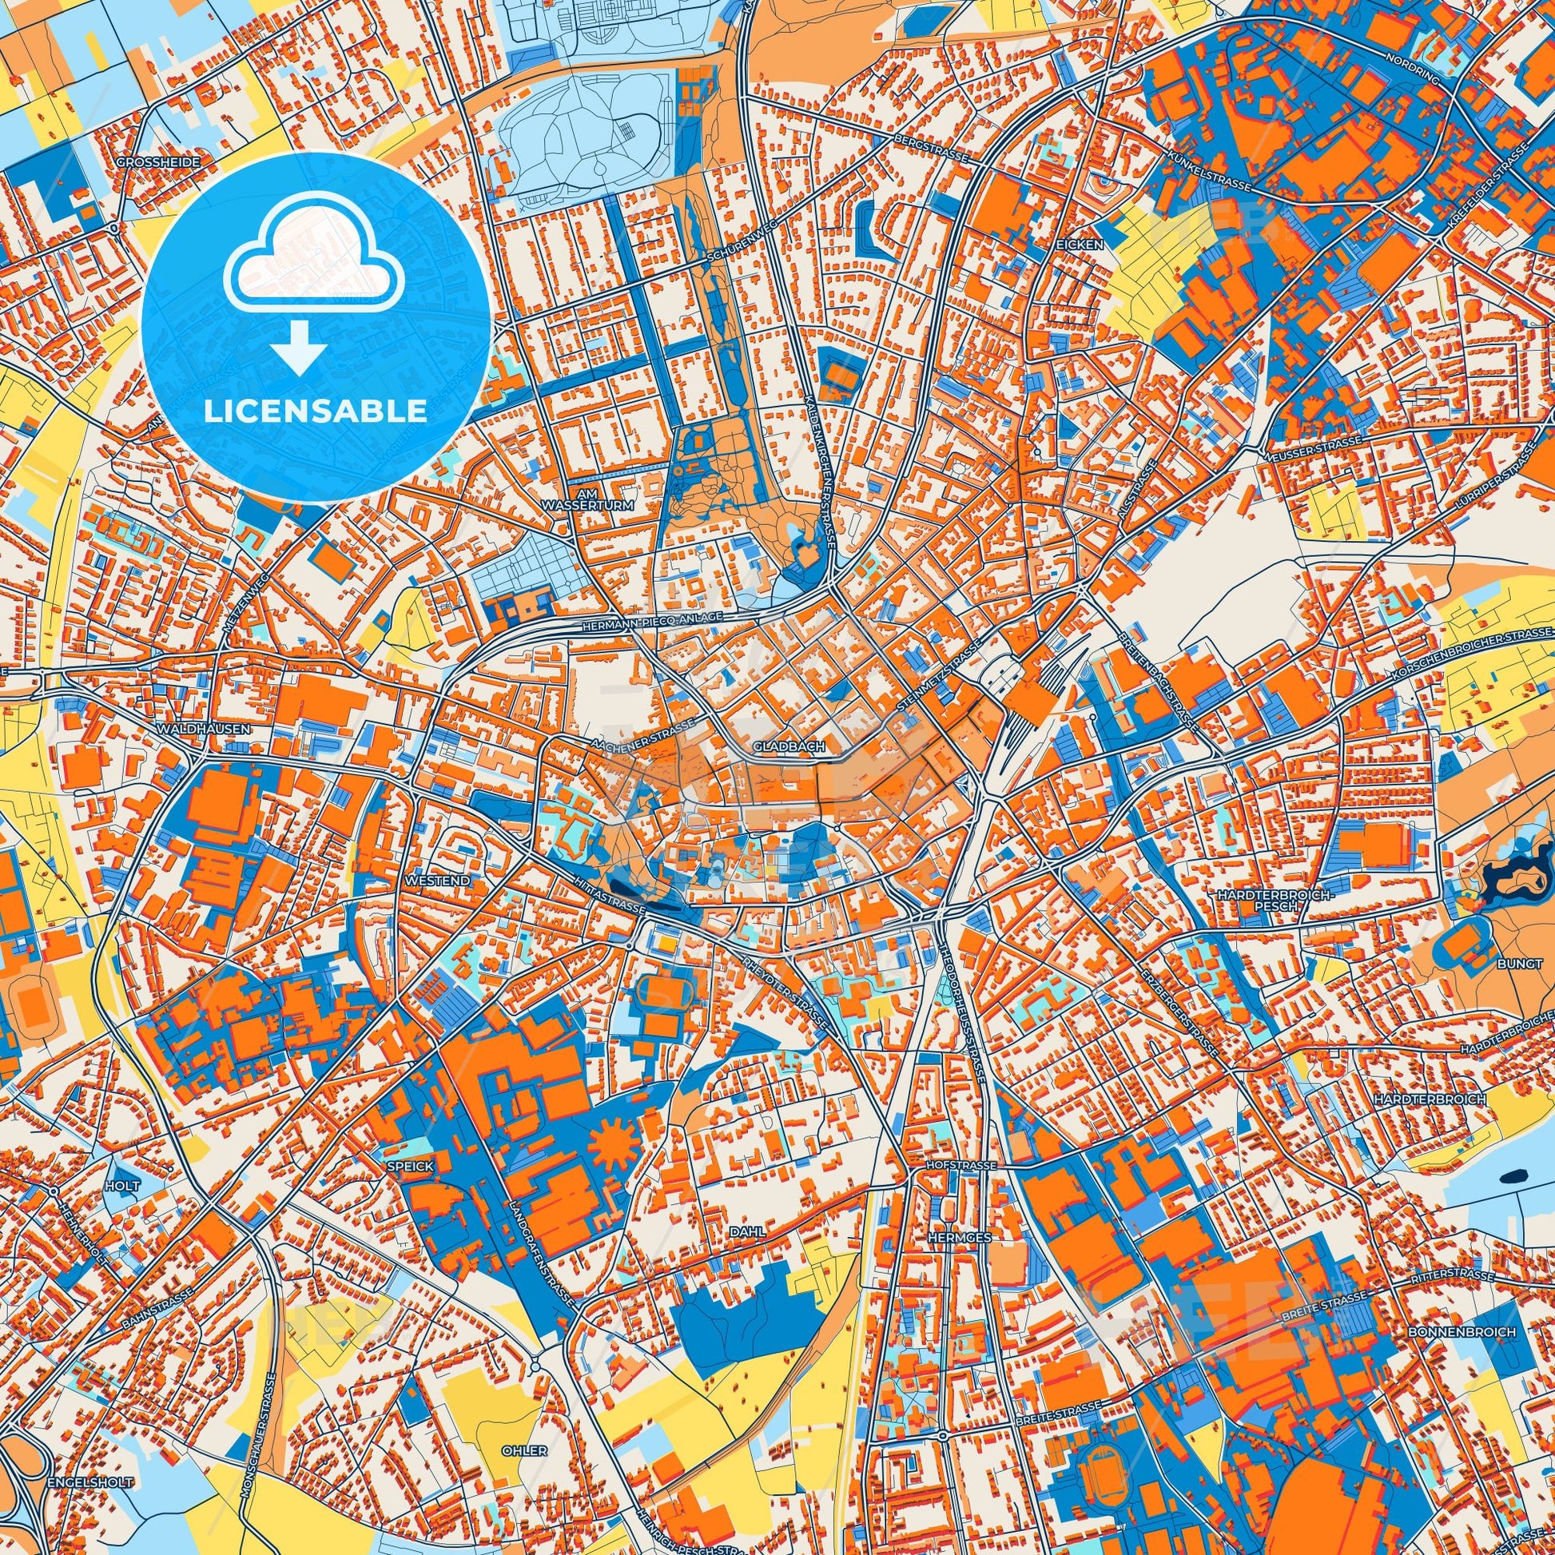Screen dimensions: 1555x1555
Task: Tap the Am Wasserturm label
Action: tap(601, 499)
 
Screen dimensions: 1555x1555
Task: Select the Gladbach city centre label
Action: tap(789, 747)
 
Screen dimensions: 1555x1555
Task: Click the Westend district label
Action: tap(438, 881)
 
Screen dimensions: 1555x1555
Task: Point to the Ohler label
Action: tap(524, 1450)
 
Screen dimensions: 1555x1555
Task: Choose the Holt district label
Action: tap(121, 1186)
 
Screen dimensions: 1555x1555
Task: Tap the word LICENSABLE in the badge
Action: tap(315, 411)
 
